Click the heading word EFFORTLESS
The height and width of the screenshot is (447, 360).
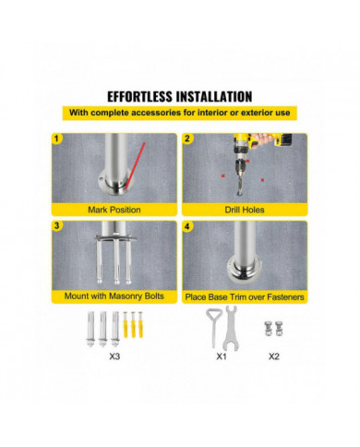(x=139, y=97)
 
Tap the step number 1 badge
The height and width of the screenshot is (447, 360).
(x=56, y=139)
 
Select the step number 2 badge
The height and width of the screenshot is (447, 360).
(x=187, y=139)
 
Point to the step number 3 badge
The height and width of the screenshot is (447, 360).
(x=56, y=226)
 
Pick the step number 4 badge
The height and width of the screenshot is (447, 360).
(x=187, y=227)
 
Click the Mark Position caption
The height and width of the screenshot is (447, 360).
(x=114, y=210)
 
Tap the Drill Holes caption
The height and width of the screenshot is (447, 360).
(x=245, y=210)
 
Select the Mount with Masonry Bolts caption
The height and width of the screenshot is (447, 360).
(x=114, y=296)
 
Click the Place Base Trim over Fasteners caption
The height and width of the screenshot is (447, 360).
(x=245, y=297)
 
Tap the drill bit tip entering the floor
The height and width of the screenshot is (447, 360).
(x=239, y=193)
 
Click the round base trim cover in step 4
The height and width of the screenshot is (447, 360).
(x=245, y=270)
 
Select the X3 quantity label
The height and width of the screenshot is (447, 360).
(x=114, y=356)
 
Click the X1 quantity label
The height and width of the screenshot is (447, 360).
(x=222, y=356)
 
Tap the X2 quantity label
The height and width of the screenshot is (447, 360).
(x=274, y=356)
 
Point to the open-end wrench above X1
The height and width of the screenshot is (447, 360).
(x=231, y=328)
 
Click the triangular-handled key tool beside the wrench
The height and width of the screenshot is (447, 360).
(x=212, y=327)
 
